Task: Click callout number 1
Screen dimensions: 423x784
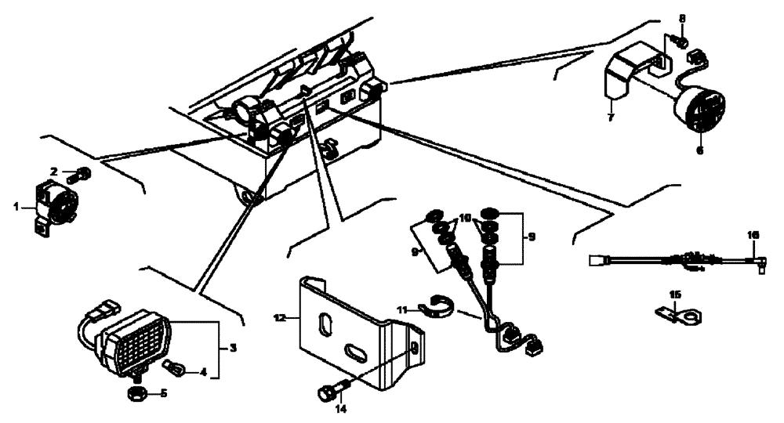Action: pos(15,207)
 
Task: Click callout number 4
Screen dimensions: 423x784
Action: pos(203,372)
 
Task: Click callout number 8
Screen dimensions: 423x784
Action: pos(682,18)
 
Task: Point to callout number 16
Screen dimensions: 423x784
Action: pos(753,234)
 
